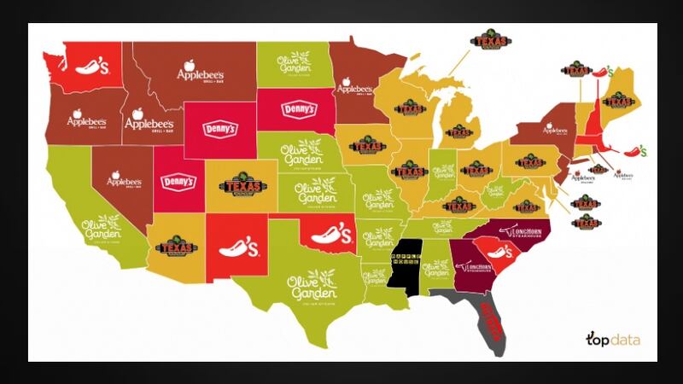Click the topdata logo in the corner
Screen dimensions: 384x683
click(611, 338)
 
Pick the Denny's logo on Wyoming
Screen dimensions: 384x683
click(219, 130)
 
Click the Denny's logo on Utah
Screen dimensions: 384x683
click(178, 182)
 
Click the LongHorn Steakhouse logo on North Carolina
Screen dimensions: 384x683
click(533, 229)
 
